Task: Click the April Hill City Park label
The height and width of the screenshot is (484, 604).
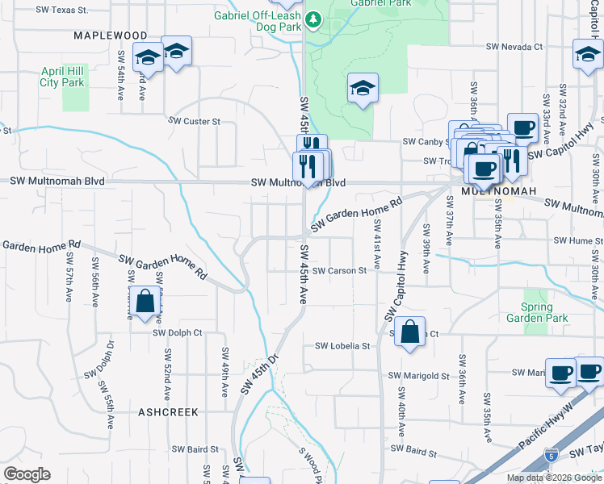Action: (x=62, y=77)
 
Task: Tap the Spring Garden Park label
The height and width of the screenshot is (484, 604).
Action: (x=537, y=312)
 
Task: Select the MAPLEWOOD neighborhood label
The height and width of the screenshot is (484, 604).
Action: (x=111, y=35)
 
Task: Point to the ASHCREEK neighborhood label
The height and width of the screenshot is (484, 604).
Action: (x=168, y=411)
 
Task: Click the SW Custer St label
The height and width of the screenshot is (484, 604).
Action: (x=194, y=121)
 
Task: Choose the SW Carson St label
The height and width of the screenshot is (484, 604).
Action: (x=340, y=271)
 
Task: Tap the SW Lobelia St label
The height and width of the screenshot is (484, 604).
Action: (x=342, y=346)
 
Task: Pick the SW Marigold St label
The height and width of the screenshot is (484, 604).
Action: (x=418, y=376)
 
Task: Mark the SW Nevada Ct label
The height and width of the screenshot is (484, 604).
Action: (x=514, y=47)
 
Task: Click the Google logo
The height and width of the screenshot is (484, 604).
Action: (x=27, y=474)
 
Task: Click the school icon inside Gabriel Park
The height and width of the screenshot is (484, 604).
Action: (x=363, y=88)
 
